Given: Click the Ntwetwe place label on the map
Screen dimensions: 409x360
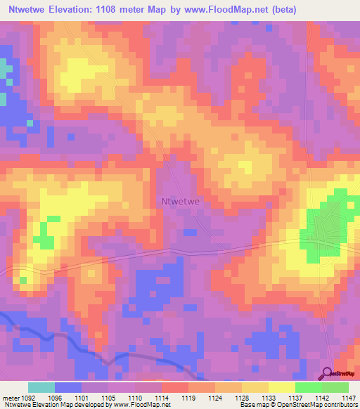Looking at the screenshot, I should coord(181,201).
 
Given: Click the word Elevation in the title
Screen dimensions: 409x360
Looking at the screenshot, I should coord(82,10).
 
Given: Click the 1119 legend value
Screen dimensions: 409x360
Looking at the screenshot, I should coord(188,397).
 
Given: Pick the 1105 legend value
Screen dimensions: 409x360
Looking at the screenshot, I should coord(109,397).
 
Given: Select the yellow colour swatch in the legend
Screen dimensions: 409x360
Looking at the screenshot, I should coord(281,387).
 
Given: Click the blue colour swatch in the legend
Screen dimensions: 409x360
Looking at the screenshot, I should coord(68,387).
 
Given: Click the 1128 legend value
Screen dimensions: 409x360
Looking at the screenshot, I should coord(242,397).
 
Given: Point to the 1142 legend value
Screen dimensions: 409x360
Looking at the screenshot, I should coord(321,397).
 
